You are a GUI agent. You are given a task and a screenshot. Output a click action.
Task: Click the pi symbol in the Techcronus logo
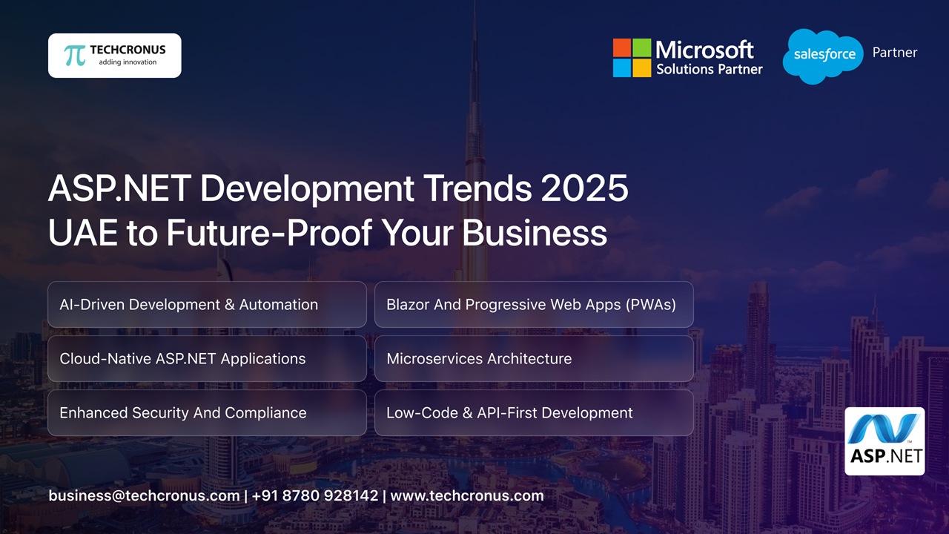(x=75, y=56)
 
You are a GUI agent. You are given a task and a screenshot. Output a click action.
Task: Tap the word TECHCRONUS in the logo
(x=128, y=50)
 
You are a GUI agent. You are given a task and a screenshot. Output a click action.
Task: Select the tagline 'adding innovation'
(x=128, y=62)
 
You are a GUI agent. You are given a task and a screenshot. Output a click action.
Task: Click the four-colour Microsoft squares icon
(x=632, y=58)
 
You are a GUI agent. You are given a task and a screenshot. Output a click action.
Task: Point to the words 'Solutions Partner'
(x=709, y=69)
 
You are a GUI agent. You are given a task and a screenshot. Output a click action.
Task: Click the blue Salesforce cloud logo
(x=823, y=56)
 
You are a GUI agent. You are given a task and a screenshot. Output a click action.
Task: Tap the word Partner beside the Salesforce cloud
(x=895, y=53)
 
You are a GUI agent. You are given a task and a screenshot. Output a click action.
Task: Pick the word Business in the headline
(x=535, y=233)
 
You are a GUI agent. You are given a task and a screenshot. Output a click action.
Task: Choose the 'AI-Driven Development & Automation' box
(x=207, y=304)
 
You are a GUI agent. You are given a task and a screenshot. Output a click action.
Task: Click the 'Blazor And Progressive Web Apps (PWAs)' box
(x=534, y=304)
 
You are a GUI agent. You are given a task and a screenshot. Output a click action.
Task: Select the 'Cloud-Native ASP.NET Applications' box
(x=207, y=358)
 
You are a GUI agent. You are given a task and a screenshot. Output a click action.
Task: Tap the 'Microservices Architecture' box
(x=534, y=358)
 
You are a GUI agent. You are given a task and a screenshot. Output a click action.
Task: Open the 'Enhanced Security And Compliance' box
(x=207, y=412)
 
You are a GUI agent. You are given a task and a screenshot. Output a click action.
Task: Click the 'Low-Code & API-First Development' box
(x=534, y=412)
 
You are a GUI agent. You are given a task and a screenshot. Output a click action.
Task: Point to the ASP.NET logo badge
(x=884, y=441)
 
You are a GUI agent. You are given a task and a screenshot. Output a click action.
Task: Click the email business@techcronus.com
(x=144, y=495)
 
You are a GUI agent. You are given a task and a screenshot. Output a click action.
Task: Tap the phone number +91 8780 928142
(x=315, y=495)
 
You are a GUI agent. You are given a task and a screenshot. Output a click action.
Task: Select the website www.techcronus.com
(x=467, y=495)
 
